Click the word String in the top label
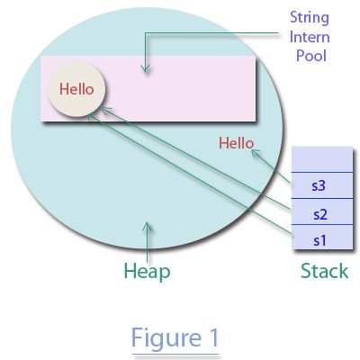[x=308, y=17]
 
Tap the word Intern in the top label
[x=309, y=37]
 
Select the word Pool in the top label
[x=309, y=56]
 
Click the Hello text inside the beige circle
[x=76, y=89]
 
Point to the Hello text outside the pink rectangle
[x=237, y=142]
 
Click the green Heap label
[x=147, y=270]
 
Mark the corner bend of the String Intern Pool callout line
[x=145, y=37]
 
